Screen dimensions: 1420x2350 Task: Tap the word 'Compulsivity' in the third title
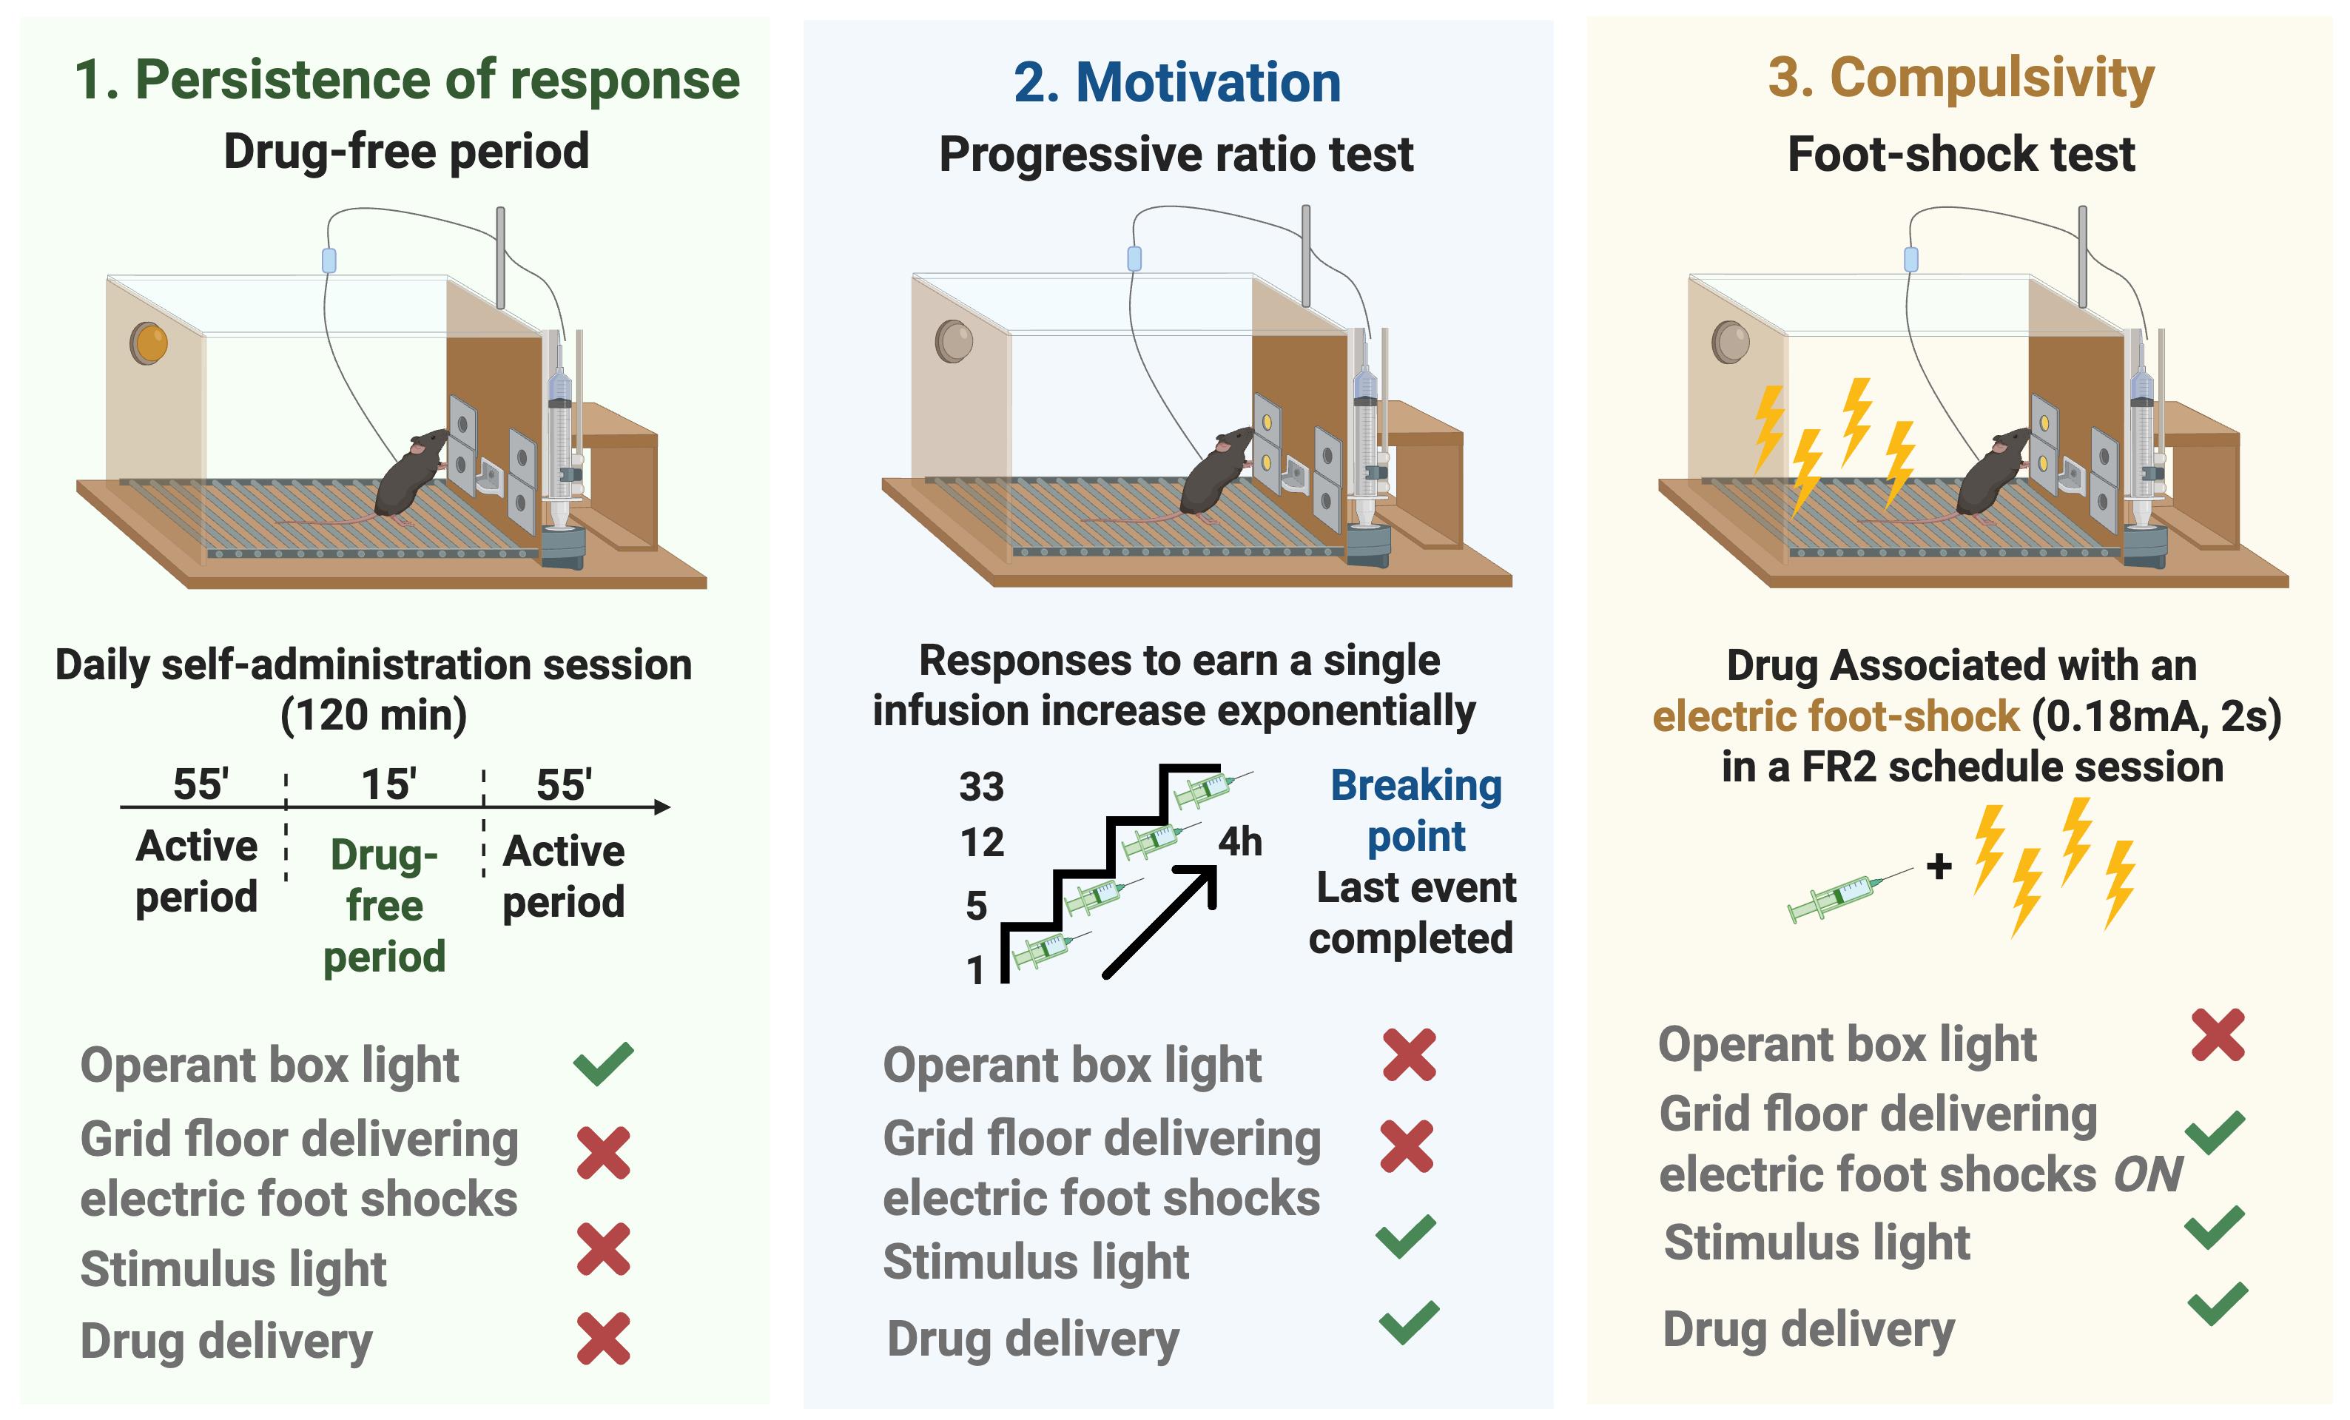point(1991,78)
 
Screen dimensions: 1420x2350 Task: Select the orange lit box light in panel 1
point(149,343)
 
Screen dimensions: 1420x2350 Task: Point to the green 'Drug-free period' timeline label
point(384,905)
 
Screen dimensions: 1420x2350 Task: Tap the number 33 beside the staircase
point(981,787)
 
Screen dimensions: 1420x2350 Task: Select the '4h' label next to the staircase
point(1240,842)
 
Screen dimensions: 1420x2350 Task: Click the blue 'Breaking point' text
point(1415,810)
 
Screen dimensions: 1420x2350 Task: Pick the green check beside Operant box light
point(603,1064)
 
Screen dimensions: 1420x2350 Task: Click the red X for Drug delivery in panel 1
point(603,1338)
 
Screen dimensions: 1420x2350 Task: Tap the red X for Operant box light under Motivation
point(1409,1054)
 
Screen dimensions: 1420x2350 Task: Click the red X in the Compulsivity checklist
point(2218,1036)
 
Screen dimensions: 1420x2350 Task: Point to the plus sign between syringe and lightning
point(1938,866)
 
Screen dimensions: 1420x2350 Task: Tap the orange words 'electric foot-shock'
point(1835,716)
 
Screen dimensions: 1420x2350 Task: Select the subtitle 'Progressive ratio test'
point(1175,155)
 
